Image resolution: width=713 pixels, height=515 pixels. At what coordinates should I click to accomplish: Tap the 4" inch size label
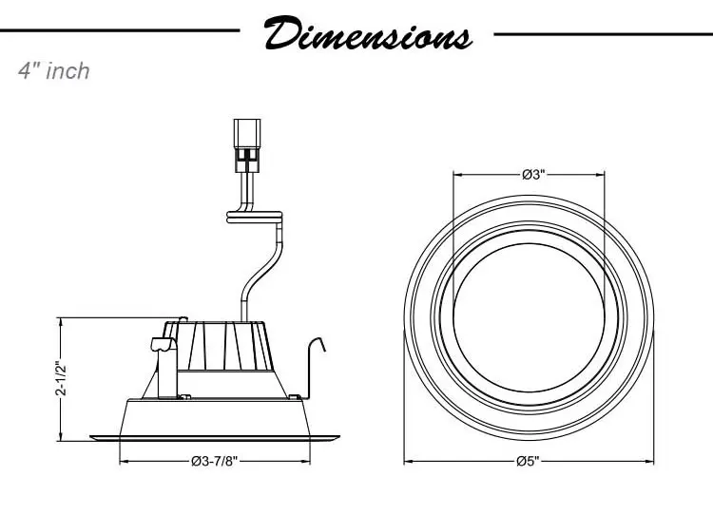(x=54, y=71)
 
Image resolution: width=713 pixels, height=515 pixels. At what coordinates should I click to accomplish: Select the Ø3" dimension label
(x=531, y=175)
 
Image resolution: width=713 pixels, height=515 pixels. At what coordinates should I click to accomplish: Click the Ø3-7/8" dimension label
(x=215, y=461)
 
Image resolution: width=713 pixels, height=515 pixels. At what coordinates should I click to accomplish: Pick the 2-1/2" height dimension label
(x=61, y=377)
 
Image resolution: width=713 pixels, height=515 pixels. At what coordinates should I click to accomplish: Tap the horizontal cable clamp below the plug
(x=255, y=218)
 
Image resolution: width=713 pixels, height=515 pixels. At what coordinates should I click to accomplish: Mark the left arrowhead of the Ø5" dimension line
(x=410, y=461)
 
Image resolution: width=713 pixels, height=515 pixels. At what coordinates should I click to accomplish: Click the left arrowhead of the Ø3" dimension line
(x=456, y=175)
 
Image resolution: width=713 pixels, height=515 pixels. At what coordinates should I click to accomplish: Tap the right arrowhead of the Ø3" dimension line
(x=605, y=175)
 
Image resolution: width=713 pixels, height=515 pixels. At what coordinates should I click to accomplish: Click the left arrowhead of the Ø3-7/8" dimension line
(x=124, y=461)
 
